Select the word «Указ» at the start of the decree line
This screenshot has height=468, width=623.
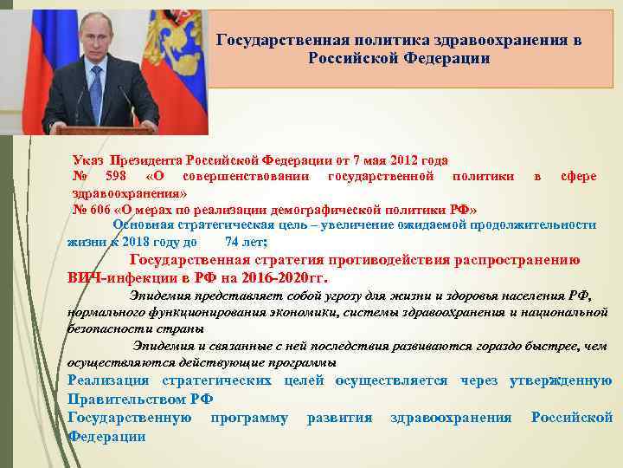tap(88, 161)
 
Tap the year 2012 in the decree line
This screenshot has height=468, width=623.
tap(407, 161)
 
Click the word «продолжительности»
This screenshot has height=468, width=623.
tap(535, 224)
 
